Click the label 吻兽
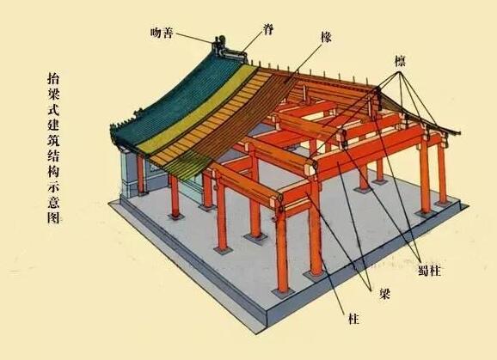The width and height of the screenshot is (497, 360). pos(162,33)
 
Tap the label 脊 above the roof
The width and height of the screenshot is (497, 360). pos(267,29)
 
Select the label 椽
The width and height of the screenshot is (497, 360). pos(326,38)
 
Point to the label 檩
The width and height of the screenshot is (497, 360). pos(400,61)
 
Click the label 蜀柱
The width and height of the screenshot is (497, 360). pos(429,271)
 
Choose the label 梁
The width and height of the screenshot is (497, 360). pos(385,295)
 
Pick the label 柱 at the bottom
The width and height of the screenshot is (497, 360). pos(353,319)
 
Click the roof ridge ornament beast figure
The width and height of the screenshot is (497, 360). pos(218,46)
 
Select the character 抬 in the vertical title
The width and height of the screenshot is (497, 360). pos(53,78)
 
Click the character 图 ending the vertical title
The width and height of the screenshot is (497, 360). pos(53,217)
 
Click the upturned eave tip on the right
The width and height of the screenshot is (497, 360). pos(457,133)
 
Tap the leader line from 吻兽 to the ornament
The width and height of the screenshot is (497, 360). pos(193,38)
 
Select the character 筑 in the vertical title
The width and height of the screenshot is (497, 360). pos(53,140)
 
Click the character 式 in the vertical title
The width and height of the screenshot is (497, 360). pos(53,109)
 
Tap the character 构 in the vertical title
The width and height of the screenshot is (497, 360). pos(53,171)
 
